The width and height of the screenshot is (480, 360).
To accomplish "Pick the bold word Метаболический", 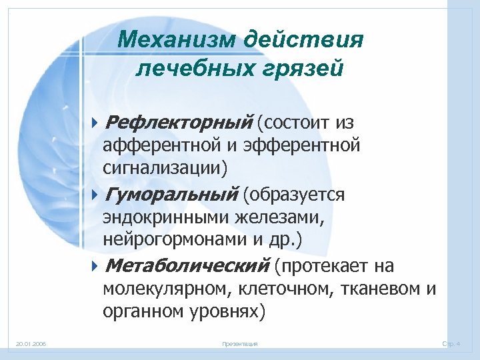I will click(187, 266).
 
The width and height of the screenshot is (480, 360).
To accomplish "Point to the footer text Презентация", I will click(239, 344).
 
